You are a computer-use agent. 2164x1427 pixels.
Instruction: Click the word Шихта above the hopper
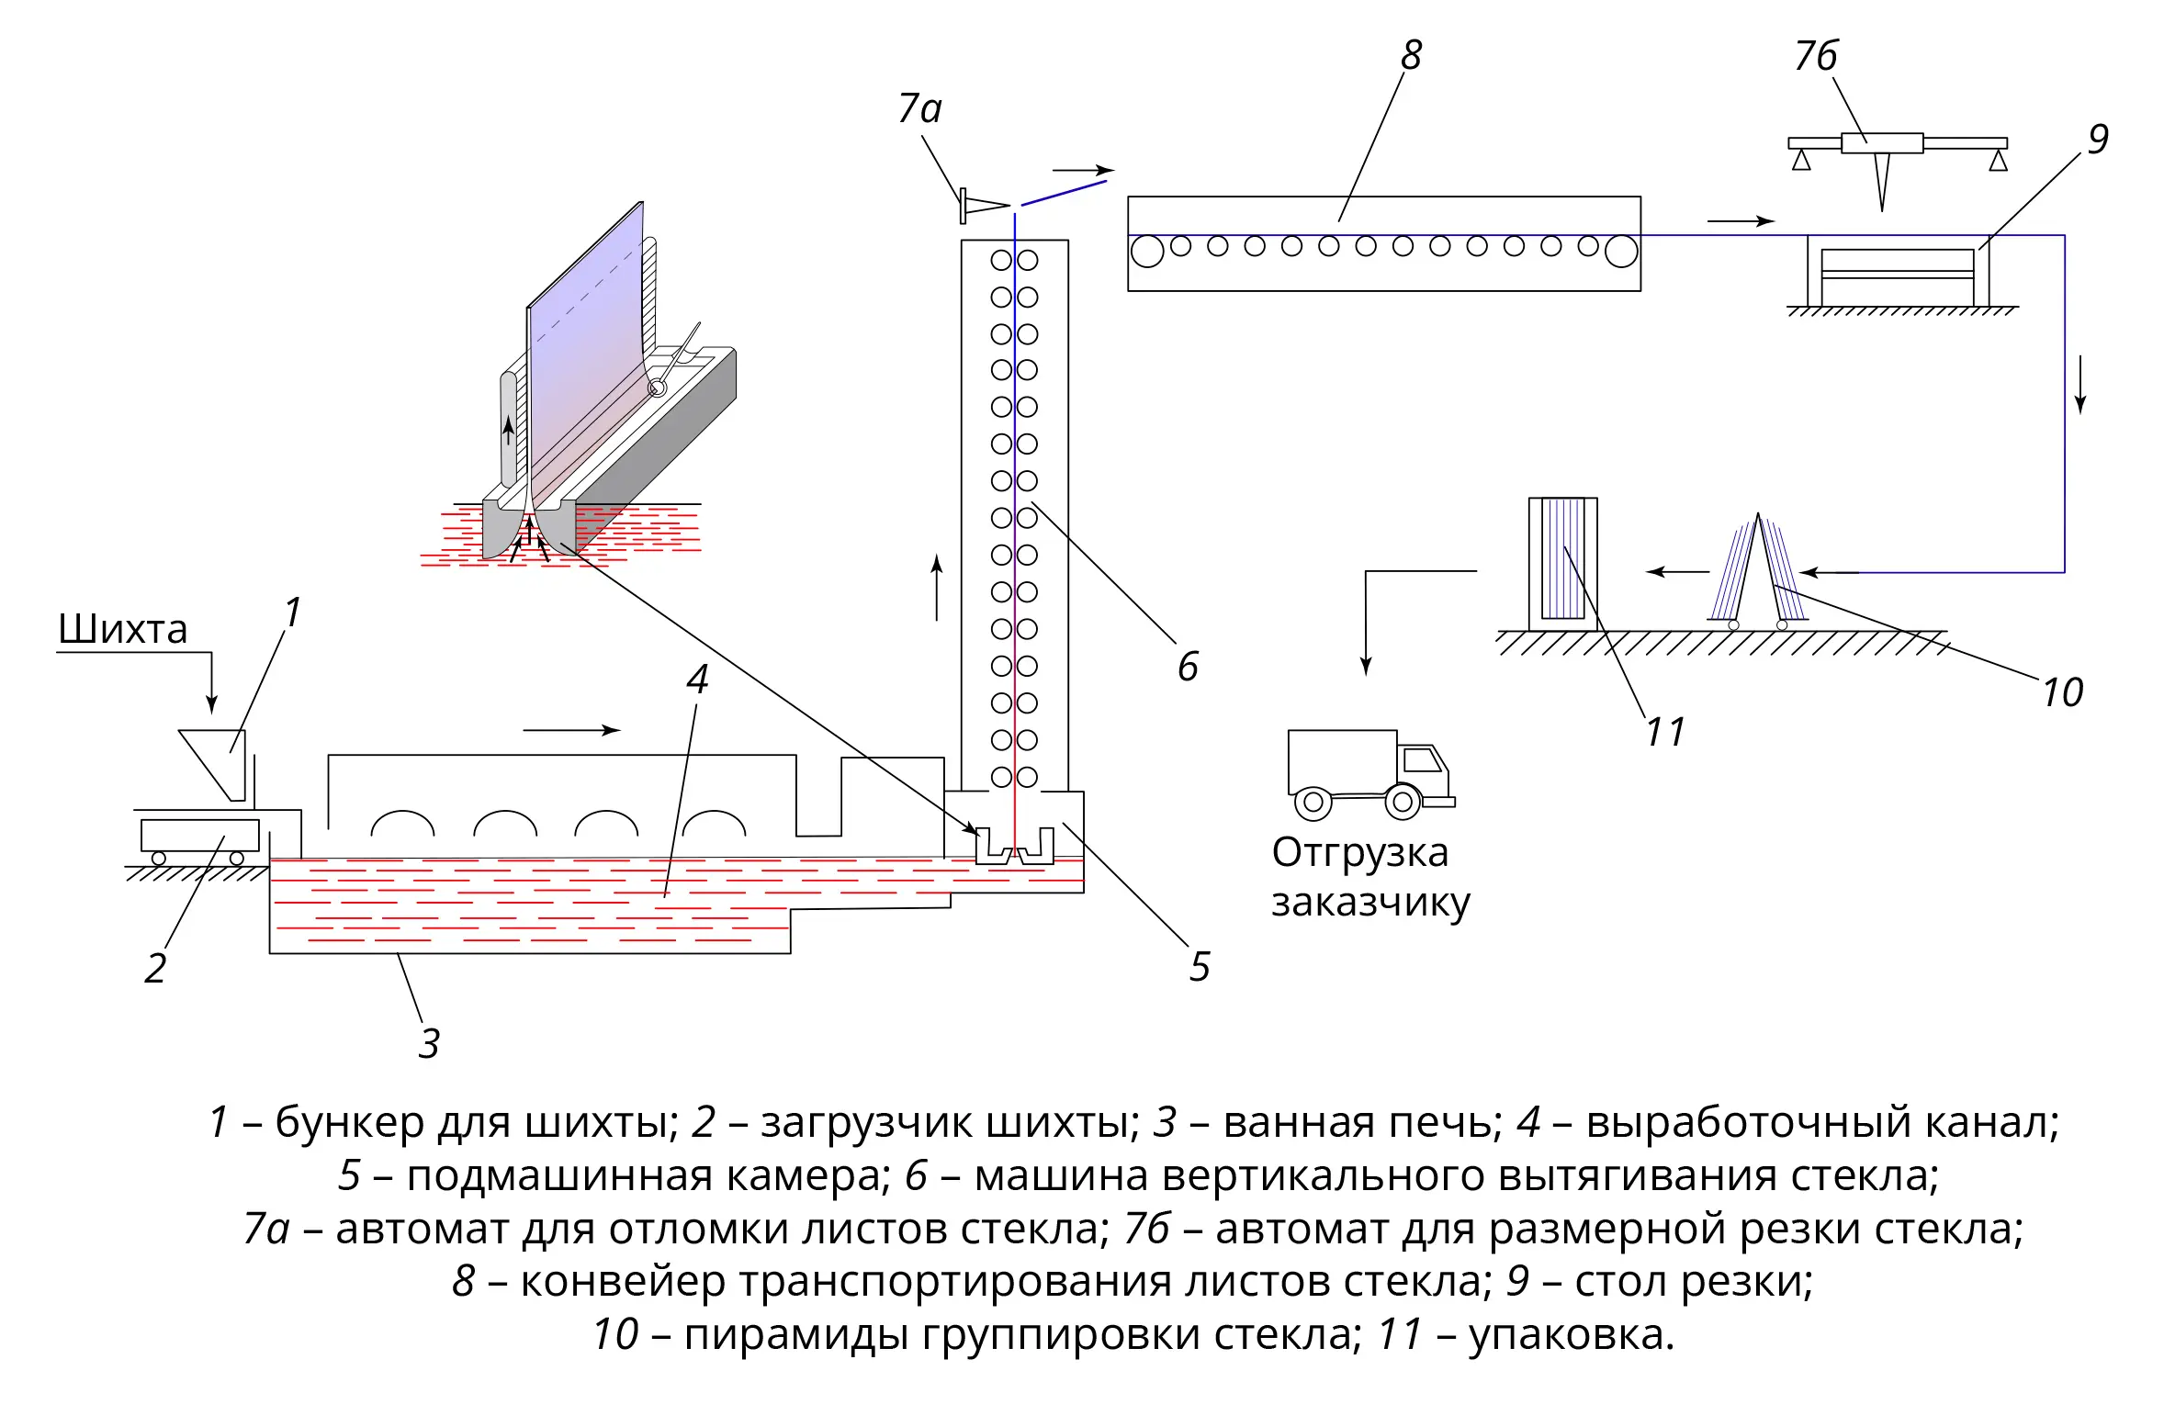[122, 629]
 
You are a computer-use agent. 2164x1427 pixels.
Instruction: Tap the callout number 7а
[919, 108]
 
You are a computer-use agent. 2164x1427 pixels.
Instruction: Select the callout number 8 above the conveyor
[1411, 55]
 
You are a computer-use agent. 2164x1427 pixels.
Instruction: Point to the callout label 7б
[1816, 56]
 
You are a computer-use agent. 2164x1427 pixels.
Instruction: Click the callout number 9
[2098, 140]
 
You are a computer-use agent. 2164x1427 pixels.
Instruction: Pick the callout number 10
[2062, 692]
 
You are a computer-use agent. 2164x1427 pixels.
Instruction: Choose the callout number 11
[1665, 732]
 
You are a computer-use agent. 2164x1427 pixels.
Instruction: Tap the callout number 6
[1188, 667]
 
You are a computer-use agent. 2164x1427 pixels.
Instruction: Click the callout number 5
[1200, 967]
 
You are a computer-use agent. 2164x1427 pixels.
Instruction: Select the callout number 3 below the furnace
[429, 1044]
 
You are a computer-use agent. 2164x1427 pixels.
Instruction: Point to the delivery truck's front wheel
[1403, 802]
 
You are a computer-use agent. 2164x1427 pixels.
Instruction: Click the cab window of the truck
[1423, 759]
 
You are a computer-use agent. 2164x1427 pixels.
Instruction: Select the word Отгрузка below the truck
[1360, 852]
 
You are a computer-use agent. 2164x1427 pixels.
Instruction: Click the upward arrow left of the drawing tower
[937, 588]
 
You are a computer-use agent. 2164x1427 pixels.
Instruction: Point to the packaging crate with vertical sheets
[1562, 564]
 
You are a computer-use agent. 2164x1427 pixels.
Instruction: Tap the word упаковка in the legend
[1571, 1334]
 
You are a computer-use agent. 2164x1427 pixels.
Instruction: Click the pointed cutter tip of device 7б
[1882, 210]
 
